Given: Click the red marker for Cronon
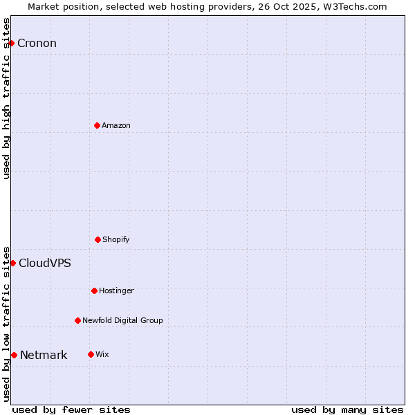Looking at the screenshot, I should pos(11,44).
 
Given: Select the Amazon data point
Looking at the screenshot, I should pos(97,125).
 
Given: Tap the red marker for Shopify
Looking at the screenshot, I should pos(98,239).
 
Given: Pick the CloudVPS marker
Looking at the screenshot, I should pos(12,263).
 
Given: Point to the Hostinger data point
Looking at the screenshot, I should pos(94,290).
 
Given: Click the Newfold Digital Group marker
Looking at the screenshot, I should pos(77,320).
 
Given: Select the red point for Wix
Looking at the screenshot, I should pos(91,354).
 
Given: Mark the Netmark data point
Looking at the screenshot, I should pos(14,355).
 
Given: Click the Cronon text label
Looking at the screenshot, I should pos(37,44).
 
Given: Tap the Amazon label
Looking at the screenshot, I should pos(116,125).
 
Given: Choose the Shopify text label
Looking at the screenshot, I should pos(116,239).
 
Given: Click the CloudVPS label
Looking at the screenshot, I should pos(45,263).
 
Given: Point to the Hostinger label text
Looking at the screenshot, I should pos(116,290).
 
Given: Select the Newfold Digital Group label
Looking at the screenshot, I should pos(122,320).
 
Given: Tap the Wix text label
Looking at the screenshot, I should pos(102,354).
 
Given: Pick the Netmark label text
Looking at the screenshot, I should pos(44,356).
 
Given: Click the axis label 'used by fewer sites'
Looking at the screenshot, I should pos(71,409).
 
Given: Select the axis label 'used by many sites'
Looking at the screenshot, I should pos(347,409).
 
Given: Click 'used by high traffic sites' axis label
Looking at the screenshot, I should pos(6,98).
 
